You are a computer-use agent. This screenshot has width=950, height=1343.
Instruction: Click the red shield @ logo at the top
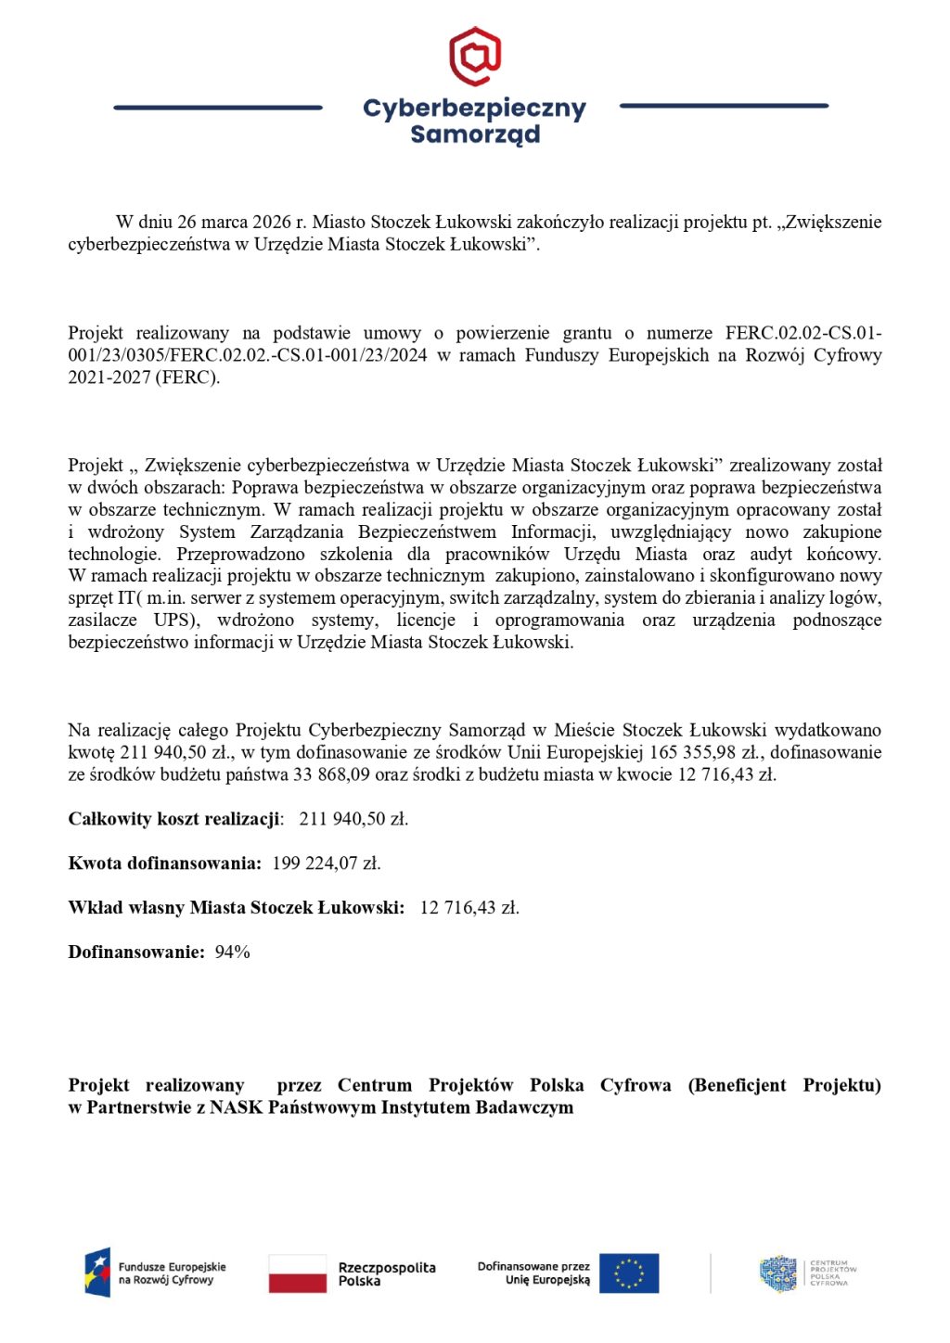pyautogui.click(x=475, y=56)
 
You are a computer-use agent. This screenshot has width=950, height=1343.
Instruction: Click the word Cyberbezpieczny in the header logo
pyautogui.click(x=474, y=109)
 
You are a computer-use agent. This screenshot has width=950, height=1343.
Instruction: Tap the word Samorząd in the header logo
pyautogui.click(x=474, y=134)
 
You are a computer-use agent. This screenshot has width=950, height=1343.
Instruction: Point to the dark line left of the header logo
pyautogui.click(x=217, y=108)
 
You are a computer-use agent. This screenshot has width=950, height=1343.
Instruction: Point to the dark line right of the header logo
pyautogui.click(x=724, y=106)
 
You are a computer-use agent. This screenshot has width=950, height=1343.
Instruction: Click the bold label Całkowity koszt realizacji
pyautogui.click(x=174, y=819)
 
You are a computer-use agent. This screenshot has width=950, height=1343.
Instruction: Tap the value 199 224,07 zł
pyautogui.click(x=327, y=863)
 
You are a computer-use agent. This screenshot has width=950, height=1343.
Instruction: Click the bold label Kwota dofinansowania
pyautogui.click(x=164, y=863)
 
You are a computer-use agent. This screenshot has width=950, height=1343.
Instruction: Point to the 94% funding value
pyautogui.click(x=233, y=953)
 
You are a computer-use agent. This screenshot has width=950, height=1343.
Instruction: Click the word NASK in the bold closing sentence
pyautogui.click(x=237, y=1107)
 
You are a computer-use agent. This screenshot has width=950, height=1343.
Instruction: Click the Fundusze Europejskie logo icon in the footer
pyautogui.click(x=97, y=1273)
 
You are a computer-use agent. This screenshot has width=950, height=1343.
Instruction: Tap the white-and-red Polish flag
pyautogui.click(x=298, y=1273)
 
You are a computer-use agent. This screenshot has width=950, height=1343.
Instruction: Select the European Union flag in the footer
pyautogui.click(x=629, y=1273)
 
